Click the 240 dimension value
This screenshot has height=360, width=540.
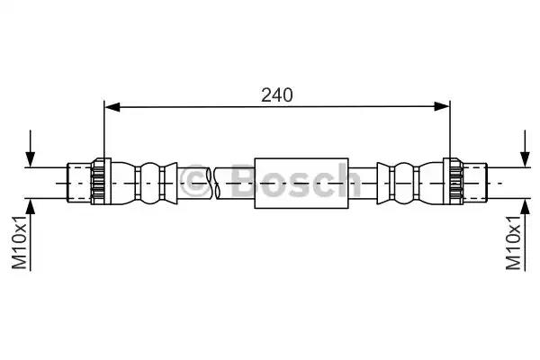[276, 94]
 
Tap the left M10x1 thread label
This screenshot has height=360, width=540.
[21, 241]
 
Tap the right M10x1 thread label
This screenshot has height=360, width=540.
[515, 241]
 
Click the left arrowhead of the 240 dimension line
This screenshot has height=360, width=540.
[111, 107]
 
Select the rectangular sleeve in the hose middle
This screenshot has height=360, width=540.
[301, 183]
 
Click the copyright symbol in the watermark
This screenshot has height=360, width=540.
[195, 183]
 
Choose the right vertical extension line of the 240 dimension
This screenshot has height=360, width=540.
[449, 135]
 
